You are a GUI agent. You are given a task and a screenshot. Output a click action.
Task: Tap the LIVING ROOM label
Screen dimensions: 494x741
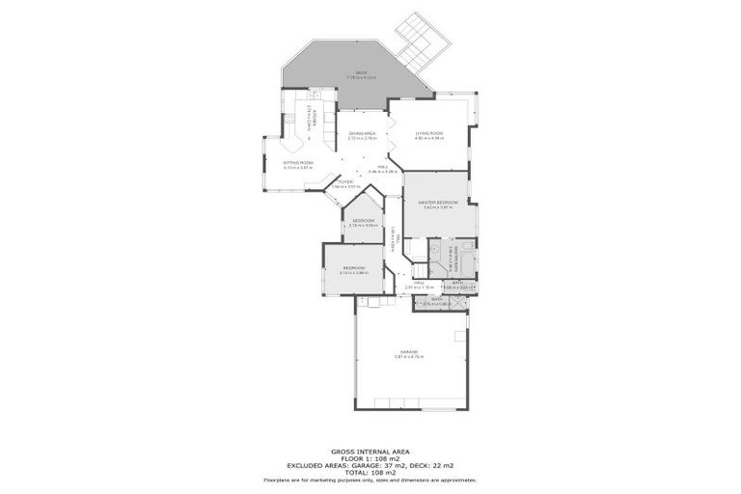[x=428, y=133]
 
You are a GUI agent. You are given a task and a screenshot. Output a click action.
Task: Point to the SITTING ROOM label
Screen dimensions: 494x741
[x=298, y=162]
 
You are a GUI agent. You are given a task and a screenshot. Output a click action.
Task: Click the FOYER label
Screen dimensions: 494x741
[x=343, y=181]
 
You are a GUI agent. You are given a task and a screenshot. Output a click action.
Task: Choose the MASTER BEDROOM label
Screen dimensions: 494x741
[x=437, y=202]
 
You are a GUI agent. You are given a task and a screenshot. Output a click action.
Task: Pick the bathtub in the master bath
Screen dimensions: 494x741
[x=465, y=261]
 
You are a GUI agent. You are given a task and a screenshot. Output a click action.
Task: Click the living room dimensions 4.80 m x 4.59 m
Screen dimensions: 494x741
[x=428, y=138]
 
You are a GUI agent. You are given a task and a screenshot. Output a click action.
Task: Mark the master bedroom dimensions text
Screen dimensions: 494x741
[x=437, y=207]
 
